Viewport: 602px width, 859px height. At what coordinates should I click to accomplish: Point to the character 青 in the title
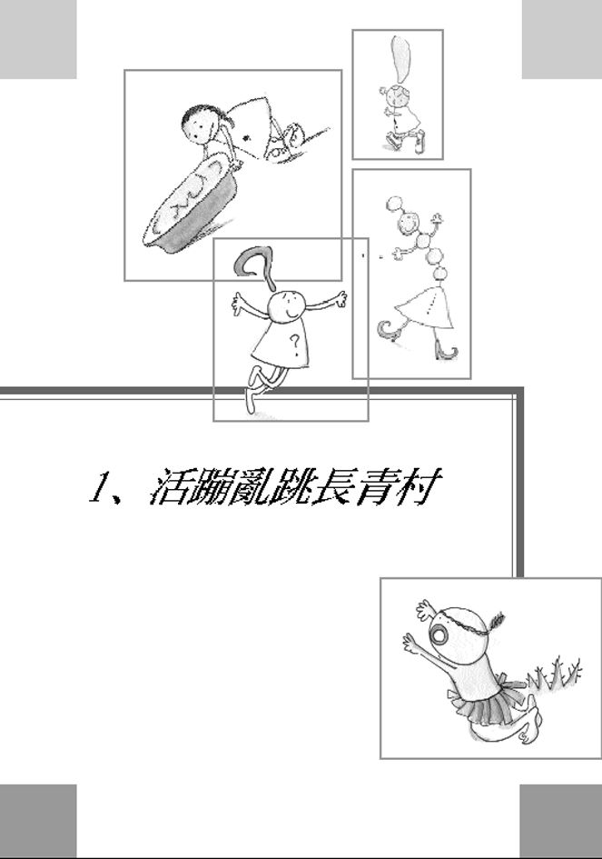point(370,489)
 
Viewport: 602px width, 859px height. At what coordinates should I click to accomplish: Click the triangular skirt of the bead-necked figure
point(425,307)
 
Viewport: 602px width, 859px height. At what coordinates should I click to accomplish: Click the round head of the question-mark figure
point(288,305)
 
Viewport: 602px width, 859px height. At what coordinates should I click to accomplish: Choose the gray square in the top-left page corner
point(37,37)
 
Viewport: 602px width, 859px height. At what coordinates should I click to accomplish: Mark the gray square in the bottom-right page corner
point(560,820)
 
